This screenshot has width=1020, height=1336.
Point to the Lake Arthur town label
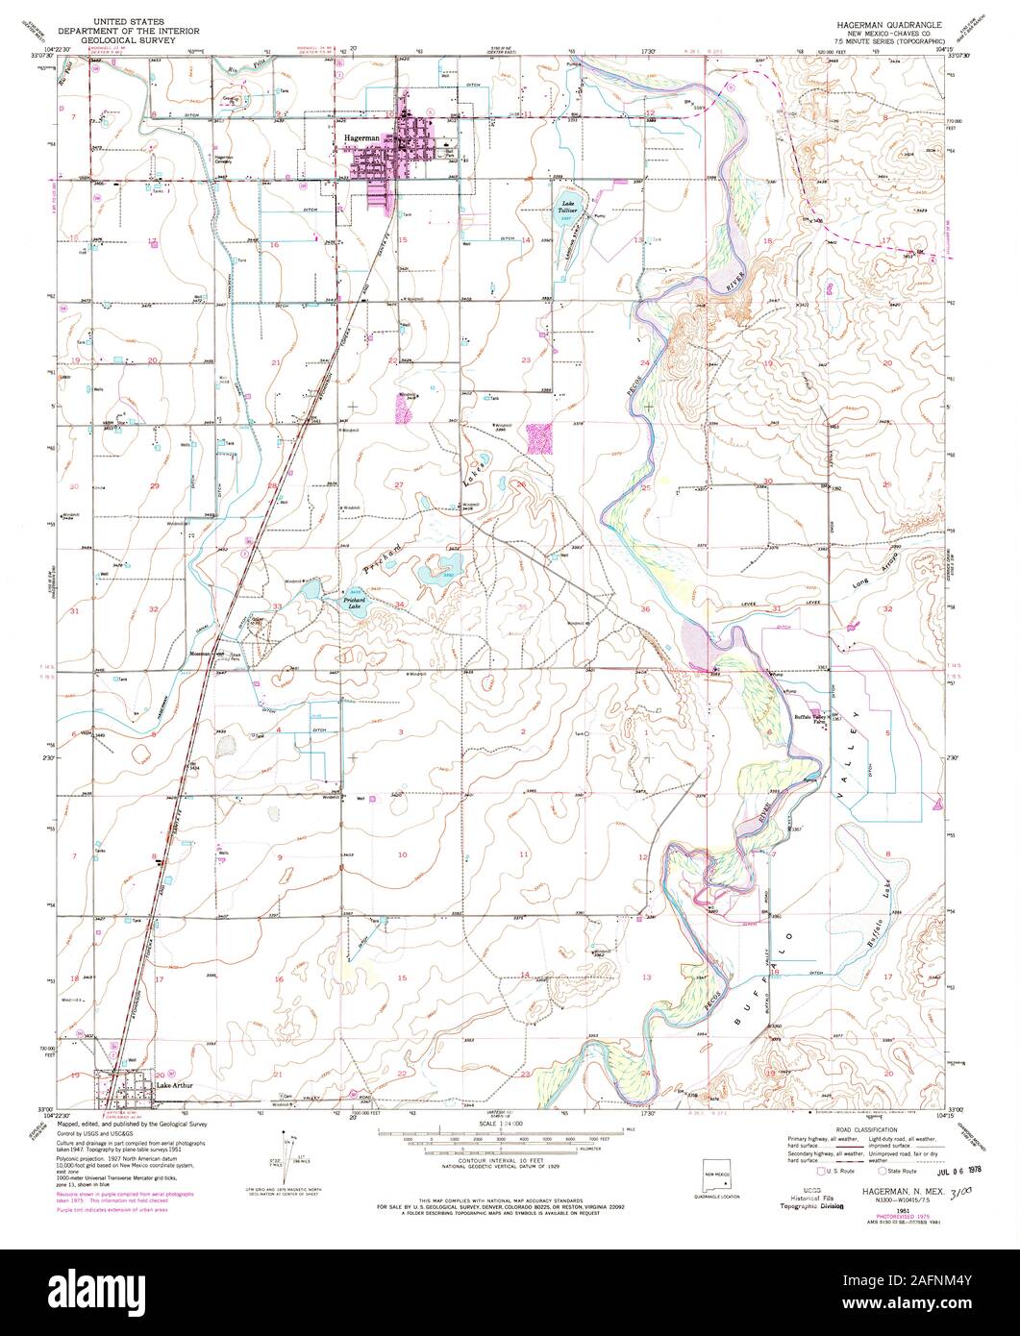tap(175, 1086)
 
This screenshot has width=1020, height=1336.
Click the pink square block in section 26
tap(540, 438)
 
